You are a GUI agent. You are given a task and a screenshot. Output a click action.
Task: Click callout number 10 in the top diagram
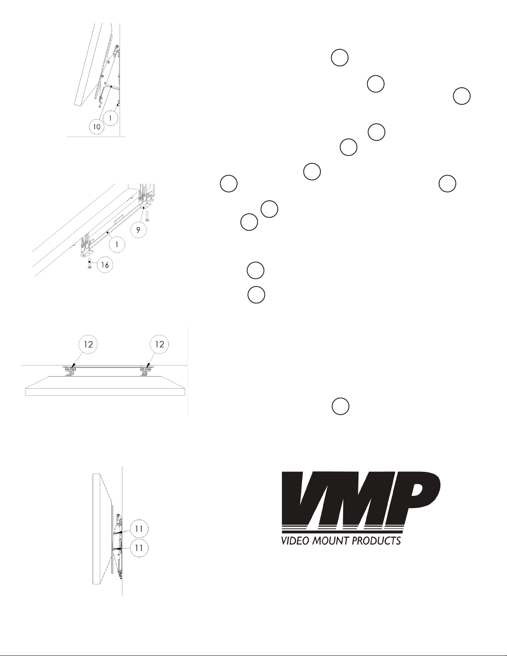(96, 127)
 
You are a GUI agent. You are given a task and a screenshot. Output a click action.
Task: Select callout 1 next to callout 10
(111, 118)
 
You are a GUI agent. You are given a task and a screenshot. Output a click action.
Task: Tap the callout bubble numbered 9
(141, 230)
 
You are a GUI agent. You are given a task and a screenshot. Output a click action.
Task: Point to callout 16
(106, 264)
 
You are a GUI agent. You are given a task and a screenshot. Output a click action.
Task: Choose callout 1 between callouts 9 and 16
(117, 244)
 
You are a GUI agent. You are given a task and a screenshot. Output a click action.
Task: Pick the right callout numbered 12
(160, 344)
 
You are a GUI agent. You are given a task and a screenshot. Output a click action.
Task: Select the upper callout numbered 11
(139, 529)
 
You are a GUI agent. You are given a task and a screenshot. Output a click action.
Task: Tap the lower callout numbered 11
(139, 547)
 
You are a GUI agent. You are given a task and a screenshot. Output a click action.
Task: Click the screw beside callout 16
(90, 264)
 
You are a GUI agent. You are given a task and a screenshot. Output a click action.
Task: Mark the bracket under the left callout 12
(70, 370)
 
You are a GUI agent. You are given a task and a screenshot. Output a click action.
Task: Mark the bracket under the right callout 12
(146, 370)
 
